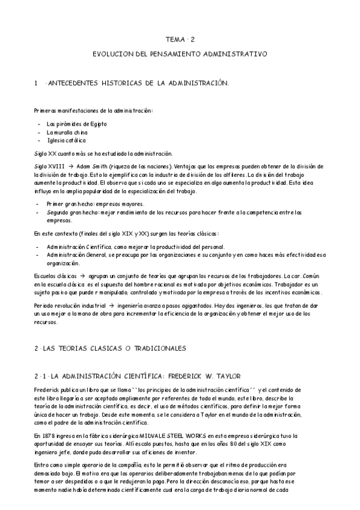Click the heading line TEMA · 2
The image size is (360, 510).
click(180, 40)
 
